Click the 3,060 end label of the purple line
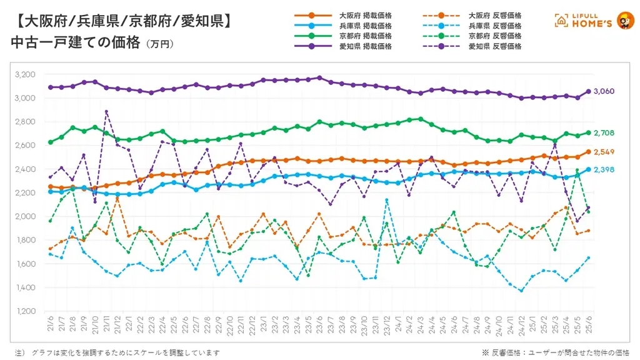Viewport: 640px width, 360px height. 604,91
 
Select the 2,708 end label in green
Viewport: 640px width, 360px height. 604,133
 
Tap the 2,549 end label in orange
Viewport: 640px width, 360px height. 604,152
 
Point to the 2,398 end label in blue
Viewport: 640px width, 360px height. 604,169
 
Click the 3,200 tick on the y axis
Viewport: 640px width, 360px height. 25,74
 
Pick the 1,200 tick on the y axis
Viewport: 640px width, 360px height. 25,311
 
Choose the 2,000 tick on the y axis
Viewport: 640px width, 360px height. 25,216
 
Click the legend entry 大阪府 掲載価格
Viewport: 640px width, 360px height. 365,15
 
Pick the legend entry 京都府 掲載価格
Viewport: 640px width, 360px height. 365,36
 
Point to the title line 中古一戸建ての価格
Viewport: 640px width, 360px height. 75,43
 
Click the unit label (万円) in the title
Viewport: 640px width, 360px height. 159,45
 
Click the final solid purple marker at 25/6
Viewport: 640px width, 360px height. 588,91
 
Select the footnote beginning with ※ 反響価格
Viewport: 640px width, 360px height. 556,352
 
